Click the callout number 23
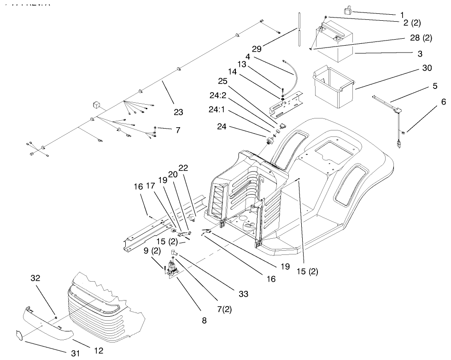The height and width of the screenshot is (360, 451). coord(178,112)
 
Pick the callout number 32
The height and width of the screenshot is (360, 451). coord(35,278)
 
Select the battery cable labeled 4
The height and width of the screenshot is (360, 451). coord(289,68)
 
